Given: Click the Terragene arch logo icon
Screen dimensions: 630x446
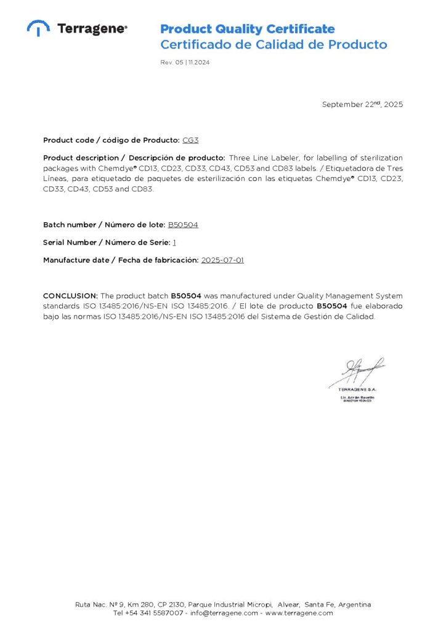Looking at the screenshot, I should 38,28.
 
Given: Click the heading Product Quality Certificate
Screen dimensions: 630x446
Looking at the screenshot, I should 247,29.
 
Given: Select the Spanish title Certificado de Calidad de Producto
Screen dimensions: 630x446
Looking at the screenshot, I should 274,45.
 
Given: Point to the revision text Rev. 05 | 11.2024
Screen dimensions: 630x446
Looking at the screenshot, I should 185,62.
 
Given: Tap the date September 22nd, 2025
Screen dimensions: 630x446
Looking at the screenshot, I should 362,105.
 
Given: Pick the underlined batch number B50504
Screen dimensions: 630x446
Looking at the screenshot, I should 183,225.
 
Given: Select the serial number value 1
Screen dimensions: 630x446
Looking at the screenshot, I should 174,242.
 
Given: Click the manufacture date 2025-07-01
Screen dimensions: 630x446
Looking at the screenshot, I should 222,260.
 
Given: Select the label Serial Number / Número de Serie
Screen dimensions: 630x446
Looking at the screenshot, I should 107,242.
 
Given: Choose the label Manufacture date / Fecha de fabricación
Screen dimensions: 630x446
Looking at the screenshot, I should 121,260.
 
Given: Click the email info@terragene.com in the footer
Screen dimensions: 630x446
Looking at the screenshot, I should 224,613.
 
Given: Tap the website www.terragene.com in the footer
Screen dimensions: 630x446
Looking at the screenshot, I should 299,613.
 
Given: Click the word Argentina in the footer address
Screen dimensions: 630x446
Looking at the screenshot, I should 354,604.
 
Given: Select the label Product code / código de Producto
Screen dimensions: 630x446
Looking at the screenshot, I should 111,140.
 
